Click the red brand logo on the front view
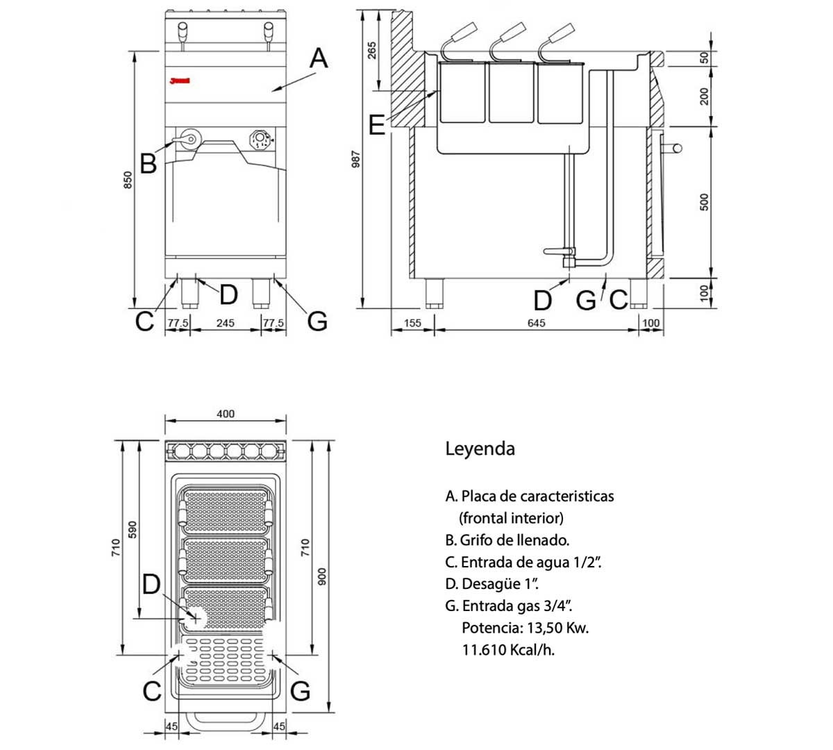click(180, 81)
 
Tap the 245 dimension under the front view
click(225, 323)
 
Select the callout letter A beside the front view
click(318, 58)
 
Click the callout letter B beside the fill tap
click(148, 165)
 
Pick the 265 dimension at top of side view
click(371, 51)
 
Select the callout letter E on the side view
click(376, 126)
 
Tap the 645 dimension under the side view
click(537, 323)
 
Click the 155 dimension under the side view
click(412, 323)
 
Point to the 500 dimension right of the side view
click(704, 202)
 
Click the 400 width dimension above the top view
click(226, 414)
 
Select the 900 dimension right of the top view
click(321, 576)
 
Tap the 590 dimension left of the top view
click(134, 529)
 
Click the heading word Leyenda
click(480, 449)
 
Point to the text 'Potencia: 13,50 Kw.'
click(525, 628)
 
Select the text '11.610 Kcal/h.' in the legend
click(508, 650)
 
